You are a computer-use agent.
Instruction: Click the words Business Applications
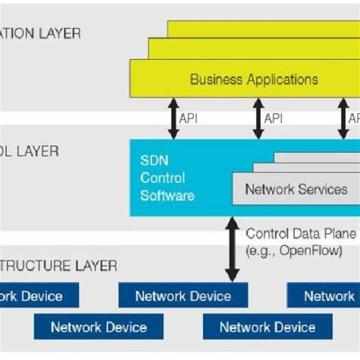254,79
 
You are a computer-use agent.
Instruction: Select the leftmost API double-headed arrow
173,119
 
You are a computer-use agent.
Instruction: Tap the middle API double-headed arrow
257,119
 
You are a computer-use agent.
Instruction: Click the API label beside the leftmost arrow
188,118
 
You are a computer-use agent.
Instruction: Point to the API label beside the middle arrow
273,118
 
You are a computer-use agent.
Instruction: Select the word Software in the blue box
167,195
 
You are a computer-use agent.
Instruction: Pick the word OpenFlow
311,250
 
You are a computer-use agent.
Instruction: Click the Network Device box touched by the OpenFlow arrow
182,295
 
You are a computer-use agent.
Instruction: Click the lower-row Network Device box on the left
98,327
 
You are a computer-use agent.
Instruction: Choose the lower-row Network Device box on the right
267,327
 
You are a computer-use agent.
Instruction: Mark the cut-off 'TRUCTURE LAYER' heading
58,266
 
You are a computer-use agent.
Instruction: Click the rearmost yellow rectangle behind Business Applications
262,28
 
